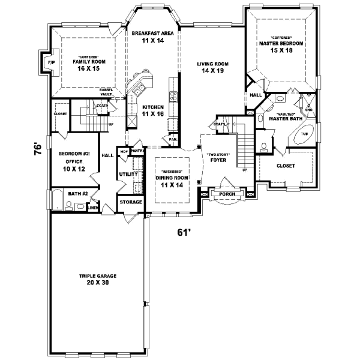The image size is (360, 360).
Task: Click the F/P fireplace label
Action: pos(50,62)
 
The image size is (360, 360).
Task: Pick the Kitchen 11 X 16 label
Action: pos(153,110)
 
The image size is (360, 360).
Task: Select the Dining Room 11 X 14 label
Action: pos(171,181)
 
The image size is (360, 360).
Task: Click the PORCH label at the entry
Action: pos(226,194)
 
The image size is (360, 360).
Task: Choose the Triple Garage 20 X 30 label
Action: pos(97,279)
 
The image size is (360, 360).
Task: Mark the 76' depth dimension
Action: pos(38,146)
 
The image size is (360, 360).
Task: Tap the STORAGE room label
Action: pos(131,202)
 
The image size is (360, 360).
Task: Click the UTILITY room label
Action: pos(129,174)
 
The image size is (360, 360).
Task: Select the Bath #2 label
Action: pos(78,193)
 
